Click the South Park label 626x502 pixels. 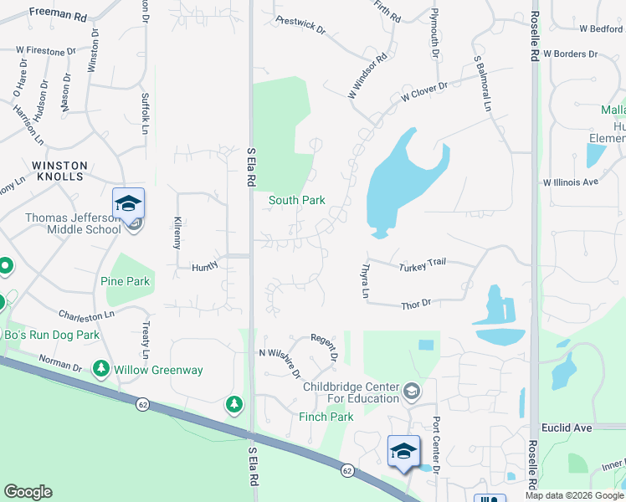coord(296,201)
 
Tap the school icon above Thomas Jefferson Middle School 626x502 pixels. coord(129,203)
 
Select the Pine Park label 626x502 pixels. coord(125,281)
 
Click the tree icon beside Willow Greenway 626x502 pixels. coord(101,368)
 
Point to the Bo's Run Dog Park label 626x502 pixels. coord(52,335)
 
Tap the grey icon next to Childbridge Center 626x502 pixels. coord(412,391)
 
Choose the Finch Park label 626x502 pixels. coord(326,417)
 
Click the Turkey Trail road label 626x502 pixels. coord(423,265)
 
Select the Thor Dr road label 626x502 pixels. coord(416,305)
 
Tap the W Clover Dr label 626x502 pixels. coord(426,92)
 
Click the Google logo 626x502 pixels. coord(28,492)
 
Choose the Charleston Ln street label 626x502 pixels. coord(86,315)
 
